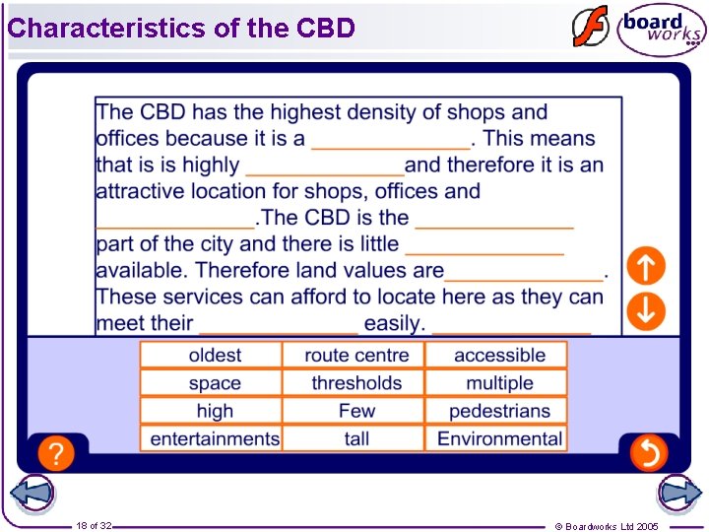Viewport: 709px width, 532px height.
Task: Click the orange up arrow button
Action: [x=647, y=265]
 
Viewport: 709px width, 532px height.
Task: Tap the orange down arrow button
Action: [x=647, y=310]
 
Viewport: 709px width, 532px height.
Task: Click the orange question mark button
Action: [x=57, y=453]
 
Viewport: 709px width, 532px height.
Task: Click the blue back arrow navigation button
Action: [x=32, y=494]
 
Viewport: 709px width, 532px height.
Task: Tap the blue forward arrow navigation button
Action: [x=679, y=494]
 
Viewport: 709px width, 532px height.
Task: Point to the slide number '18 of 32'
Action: [x=95, y=526]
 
